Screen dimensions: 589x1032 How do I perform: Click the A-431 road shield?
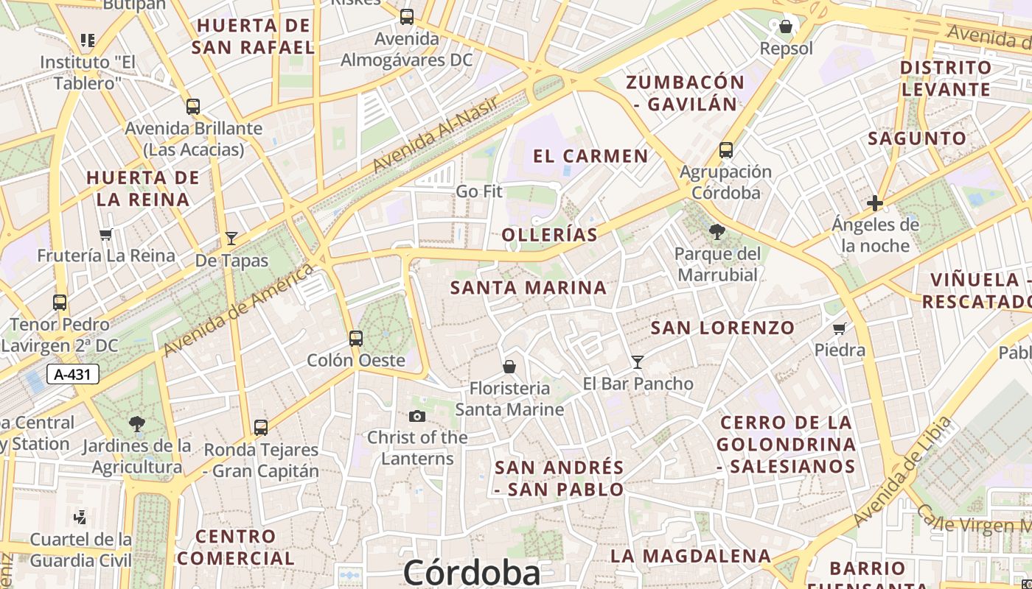73,374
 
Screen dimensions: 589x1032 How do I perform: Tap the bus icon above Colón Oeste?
356,338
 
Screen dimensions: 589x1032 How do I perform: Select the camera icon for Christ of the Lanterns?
417,417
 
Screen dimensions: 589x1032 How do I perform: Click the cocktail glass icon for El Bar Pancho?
638,361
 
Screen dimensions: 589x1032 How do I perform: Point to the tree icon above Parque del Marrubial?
717,233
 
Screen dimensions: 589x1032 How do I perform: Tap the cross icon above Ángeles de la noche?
875,203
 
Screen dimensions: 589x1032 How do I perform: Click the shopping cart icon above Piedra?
839,328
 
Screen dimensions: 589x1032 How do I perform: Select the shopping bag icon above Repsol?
786,27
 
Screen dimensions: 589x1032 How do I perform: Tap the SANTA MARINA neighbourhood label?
529,288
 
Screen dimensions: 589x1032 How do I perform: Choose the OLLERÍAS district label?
549,235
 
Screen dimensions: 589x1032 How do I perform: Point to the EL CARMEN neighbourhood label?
590,156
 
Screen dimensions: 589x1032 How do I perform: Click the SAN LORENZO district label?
722,328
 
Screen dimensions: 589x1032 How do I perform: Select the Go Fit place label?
479,191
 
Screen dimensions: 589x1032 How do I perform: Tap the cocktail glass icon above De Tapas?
231,238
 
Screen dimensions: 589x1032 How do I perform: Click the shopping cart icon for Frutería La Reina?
106,235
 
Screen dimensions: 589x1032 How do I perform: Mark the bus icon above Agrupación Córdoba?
726,150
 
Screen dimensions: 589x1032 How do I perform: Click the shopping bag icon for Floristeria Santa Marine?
509,366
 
